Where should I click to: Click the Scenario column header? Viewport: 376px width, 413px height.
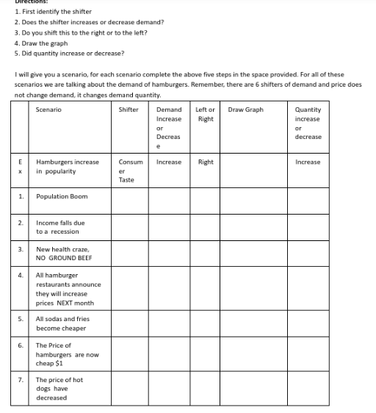48,109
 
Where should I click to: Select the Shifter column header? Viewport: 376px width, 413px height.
129,109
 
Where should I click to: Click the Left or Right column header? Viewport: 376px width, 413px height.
206,114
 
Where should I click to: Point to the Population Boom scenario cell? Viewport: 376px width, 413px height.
62,196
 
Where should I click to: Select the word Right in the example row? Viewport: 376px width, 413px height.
206,160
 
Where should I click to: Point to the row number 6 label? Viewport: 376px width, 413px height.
21,345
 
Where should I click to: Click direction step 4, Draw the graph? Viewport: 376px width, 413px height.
40,43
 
